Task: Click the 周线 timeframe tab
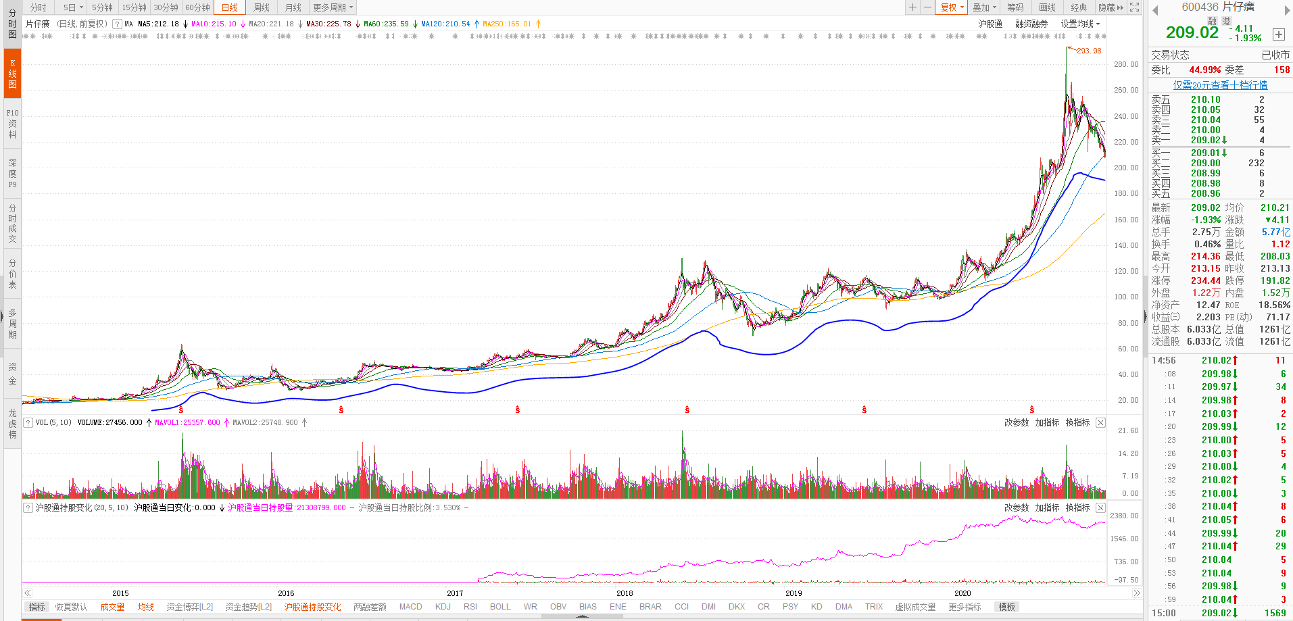tap(261, 7)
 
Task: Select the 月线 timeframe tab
tap(293, 7)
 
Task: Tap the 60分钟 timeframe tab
tap(197, 7)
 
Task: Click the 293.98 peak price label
tap(1088, 51)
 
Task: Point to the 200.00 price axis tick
tap(1126, 168)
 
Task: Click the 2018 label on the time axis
tap(624, 593)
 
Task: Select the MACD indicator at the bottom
tap(410, 607)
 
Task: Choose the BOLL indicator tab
tap(500, 607)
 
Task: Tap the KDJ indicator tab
tap(443, 607)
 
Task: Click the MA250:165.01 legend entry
tap(507, 24)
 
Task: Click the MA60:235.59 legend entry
tap(386, 24)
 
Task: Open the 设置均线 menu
tap(1079, 24)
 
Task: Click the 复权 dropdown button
tap(952, 7)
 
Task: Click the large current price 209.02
tap(1192, 32)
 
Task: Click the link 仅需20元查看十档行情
tap(1220, 85)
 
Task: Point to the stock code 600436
tap(1199, 7)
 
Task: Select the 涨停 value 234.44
tap(1205, 280)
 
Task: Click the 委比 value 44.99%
tap(1204, 70)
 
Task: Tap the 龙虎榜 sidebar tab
tap(12, 423)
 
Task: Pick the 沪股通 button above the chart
tap(990, 24)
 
